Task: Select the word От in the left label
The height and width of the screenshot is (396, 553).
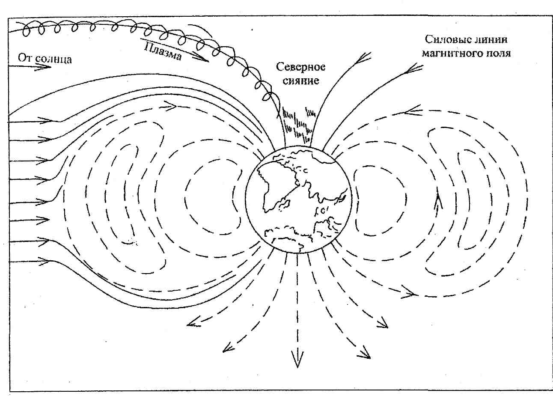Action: pos(25,57)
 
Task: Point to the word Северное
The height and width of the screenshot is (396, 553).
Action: pos(300,67)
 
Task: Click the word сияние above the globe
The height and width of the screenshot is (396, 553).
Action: pos(301,80)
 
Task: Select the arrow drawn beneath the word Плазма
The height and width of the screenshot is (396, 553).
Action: pos(197,57)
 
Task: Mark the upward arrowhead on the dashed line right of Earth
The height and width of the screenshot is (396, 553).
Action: pos(437,201)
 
